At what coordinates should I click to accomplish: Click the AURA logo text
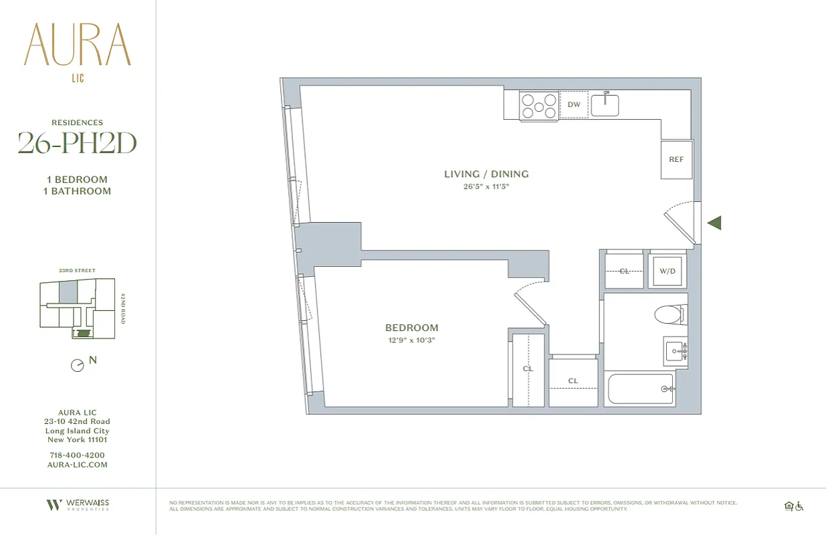pyautogui.click(x=77, y=45)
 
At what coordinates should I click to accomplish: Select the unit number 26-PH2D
pyautogui.click(x=77, y=143)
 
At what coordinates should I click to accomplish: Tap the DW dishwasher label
pyautogui.click(x=573, y=105)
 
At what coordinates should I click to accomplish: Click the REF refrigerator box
pyautogui.click(x=676, y=160)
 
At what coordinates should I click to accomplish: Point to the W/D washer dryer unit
pyautogui.click(x=667, y=272)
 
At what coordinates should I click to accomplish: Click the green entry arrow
pyautogui.click(x=714, y=223)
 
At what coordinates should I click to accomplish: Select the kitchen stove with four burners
pyautogui.click(x=539, y=106)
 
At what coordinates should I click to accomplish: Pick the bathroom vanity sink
pyautogui.click(x=676, y=351)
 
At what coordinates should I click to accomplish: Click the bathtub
pyautogui.click(x=641, y=389)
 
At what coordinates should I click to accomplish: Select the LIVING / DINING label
pyautogui.click(x=486, y=174)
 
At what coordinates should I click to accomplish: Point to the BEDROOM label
pyautogui.click(x=411, y=328)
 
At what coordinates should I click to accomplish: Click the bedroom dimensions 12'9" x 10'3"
pyautogui.click(x=411, y=340)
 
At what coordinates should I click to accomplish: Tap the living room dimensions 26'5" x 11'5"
pyautogui.click(x=486, y=187)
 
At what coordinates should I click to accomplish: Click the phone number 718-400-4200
pyautogui.click(x=77, y=455)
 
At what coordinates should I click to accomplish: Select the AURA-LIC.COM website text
pyautogui.click(x=77, y=465)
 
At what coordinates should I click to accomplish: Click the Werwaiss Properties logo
pyautogui.click(x=77, y=505)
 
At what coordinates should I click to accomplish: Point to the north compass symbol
pyautogui.click(x=78, y=366)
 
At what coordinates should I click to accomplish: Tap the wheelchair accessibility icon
pyautogui.click(x=799, y=507)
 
